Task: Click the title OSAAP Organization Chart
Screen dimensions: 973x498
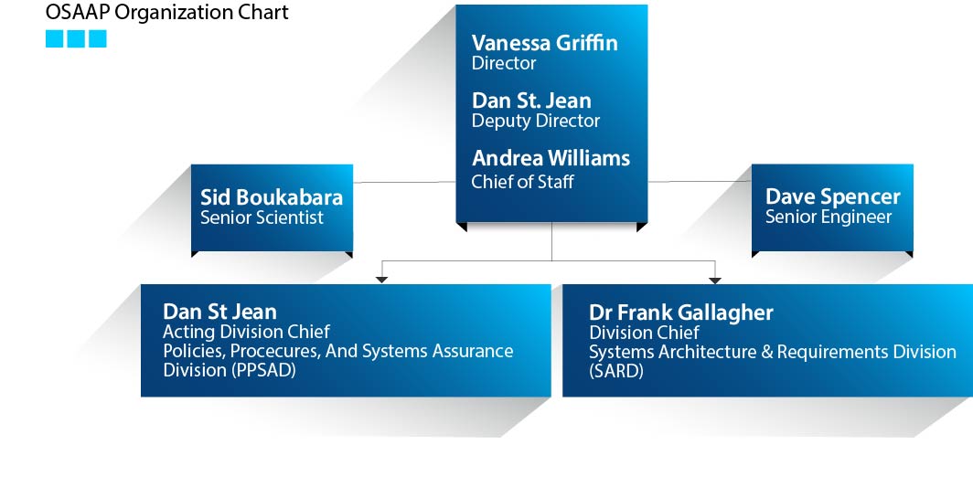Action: [x=167, y=13]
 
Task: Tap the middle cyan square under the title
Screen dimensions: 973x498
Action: [x=76, y=39]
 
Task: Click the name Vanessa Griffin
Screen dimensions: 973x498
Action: [x=545, y=43]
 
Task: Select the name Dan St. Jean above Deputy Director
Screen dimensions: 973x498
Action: [x=531, y=101]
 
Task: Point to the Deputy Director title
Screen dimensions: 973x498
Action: [x=536, y=121]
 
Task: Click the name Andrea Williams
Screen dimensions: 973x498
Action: [x=551, y=158]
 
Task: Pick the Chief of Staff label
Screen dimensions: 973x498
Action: [x=522, y=182]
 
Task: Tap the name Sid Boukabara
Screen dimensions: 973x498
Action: [x=272, y=197]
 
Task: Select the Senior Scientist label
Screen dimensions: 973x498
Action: [x=262, y=217]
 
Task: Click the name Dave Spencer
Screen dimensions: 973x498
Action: [x=833, y=196]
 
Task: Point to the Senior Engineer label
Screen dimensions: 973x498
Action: [x=829, y=217]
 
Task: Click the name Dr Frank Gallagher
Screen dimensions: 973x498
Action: [x=681, y=313]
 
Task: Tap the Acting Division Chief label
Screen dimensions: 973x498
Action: [x=246, y=332]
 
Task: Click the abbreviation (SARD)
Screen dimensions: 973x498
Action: [x=616, y=371]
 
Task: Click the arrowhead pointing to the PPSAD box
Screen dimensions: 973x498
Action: [x=381, y=280]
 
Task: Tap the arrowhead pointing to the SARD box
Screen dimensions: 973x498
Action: [x=715, y=281]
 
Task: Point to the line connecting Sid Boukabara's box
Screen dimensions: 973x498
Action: [x=404, y=183]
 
